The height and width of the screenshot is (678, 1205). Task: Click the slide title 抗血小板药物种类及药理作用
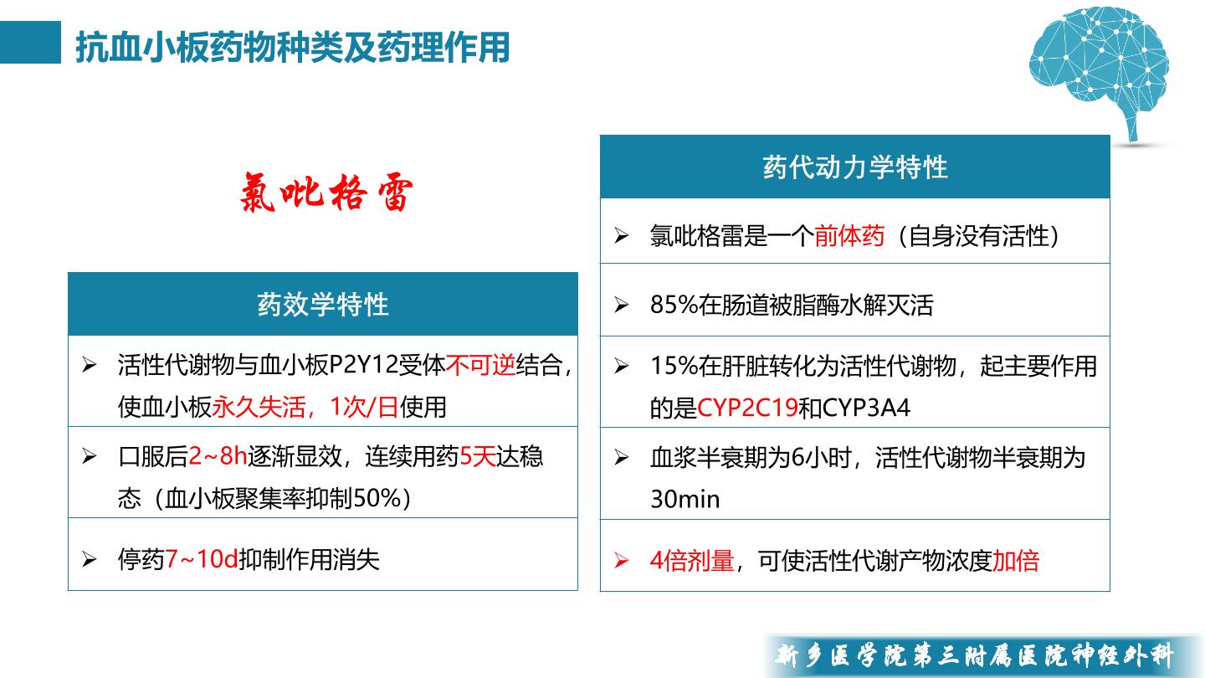[x=293, y=48]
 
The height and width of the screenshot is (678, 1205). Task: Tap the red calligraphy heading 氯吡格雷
[x=326, y=193]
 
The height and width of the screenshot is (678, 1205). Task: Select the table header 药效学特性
[x=323, y=305]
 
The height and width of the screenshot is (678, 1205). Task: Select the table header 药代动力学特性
[x=855, y=167]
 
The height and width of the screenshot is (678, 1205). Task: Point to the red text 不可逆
[x=480, y=365]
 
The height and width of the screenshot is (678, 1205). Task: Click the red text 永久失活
[x=259, y=407]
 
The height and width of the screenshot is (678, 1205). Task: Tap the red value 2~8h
[x=218, y=456]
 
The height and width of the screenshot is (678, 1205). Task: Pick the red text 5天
[x=477, y=456]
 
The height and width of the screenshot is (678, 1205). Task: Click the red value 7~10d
[x=202, y=559]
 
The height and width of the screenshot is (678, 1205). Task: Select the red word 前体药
[x=849, y=236]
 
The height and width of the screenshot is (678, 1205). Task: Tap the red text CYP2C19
[x=747, y=408]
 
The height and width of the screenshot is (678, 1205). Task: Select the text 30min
[x=685, y=500]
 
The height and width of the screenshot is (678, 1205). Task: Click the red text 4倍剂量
[x=692, y=561]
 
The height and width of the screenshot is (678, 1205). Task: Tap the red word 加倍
[x=1016, y=561]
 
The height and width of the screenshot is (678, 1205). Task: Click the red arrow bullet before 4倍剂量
[x=621, y=561]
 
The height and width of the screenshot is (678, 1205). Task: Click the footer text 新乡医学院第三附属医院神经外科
[x=974, y=655]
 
